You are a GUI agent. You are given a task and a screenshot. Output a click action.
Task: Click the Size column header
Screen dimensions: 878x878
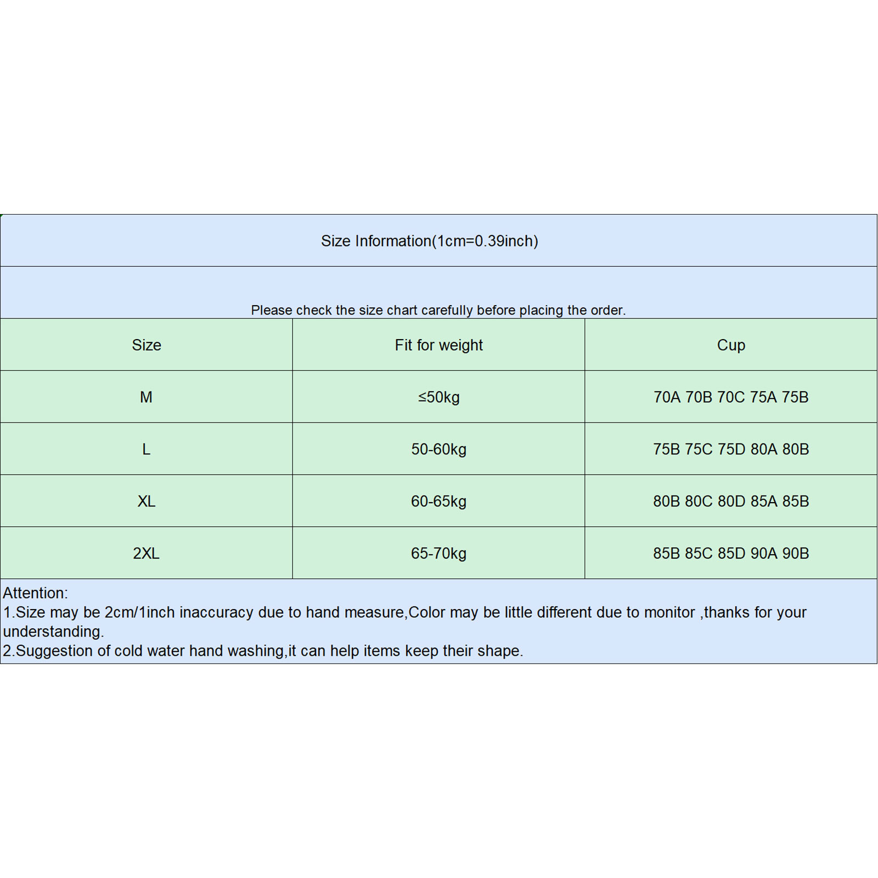(147, 345)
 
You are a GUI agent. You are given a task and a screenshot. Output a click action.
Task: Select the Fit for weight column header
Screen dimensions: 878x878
(438, 345)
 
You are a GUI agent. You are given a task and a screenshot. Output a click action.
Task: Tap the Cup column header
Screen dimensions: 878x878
(731, 345)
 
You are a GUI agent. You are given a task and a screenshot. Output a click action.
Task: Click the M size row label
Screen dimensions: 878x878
(146, 397)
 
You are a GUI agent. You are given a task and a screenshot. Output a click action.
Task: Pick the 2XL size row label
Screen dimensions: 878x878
(146, 553)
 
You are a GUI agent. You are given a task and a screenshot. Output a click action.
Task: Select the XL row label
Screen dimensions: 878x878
(147, 501)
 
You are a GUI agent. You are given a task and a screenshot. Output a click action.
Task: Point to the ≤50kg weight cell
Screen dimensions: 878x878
(438, 397)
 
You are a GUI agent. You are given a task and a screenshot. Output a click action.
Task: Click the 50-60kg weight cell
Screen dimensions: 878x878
(438, 449)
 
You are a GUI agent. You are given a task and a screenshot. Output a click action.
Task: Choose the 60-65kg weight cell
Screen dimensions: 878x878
(438, 501)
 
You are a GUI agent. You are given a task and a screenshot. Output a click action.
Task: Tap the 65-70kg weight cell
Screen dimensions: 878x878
(438, 553)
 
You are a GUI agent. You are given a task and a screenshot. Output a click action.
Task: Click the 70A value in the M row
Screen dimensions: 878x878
(667, 397)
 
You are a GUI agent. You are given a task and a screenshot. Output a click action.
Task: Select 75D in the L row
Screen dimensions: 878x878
(731, 449)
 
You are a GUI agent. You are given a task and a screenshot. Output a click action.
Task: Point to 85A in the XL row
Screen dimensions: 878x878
(764, 501)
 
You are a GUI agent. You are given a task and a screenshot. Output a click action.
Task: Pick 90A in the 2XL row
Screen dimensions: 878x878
(764, 553)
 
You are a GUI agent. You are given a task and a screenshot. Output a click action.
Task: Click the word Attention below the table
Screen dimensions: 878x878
(35, 593)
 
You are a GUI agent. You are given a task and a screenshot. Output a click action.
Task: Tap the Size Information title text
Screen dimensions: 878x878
(429, 241)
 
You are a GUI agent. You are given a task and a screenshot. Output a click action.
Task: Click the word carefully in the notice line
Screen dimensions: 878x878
(447, 310)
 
